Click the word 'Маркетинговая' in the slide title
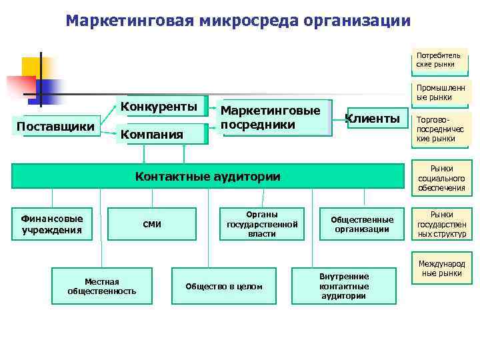tap(130, 21)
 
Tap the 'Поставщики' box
tap(55, 126)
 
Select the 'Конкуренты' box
tap(159, 107)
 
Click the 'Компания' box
tap(152, 135)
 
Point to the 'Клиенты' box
tap(372, 119)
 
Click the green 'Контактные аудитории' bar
tap(207, 177)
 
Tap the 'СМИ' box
tap(153, 224)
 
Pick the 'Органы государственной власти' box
tap(261, 224)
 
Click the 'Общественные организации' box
tap(362, 224)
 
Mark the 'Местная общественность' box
tap(102, 286)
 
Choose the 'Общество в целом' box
tap(224, 286)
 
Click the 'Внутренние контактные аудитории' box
tap(344, 286)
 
